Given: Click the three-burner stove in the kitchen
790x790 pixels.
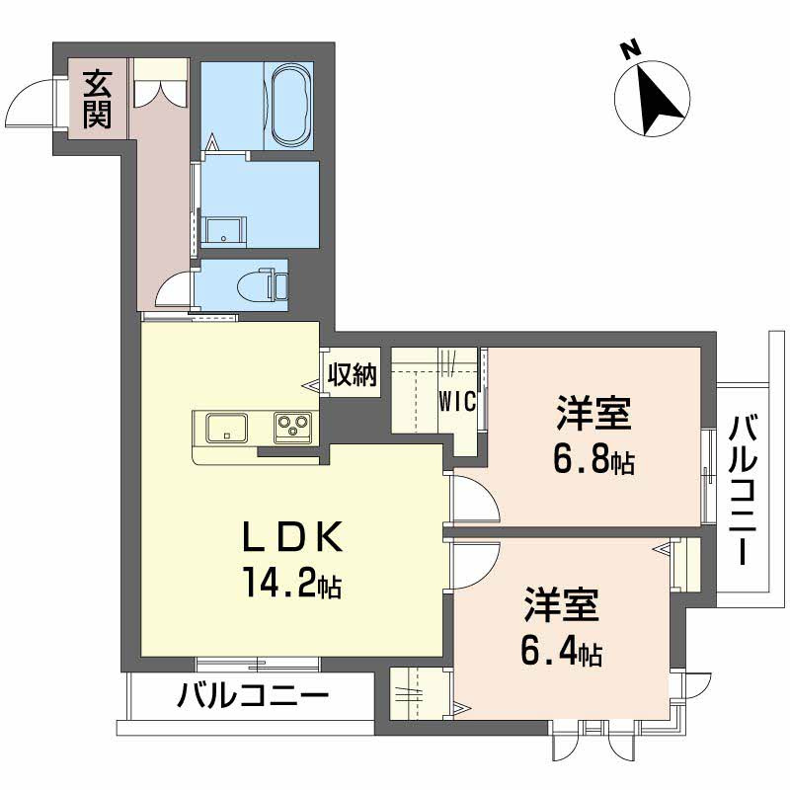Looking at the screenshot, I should (293, 428).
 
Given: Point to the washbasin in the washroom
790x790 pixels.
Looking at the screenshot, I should (225, 231).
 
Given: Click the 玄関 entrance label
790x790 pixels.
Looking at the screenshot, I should (96, 99).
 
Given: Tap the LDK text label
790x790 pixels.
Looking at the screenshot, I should (293, 538).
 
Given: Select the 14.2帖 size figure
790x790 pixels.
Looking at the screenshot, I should (293, 585).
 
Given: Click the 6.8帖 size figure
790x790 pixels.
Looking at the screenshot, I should (594, 459).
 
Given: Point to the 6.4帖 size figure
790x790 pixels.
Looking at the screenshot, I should (561, 652).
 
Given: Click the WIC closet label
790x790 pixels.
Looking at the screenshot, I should (458, 402).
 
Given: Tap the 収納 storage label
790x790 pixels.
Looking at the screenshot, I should (353, 375).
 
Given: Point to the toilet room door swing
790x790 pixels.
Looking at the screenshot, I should (176, 291).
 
